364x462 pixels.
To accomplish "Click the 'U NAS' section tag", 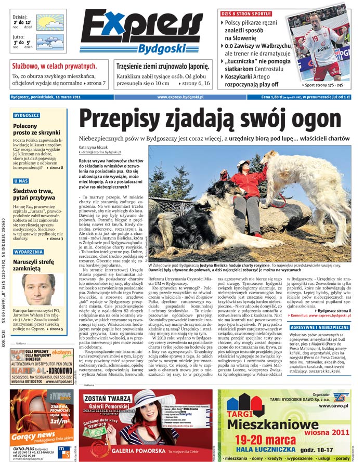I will point(21,181).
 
